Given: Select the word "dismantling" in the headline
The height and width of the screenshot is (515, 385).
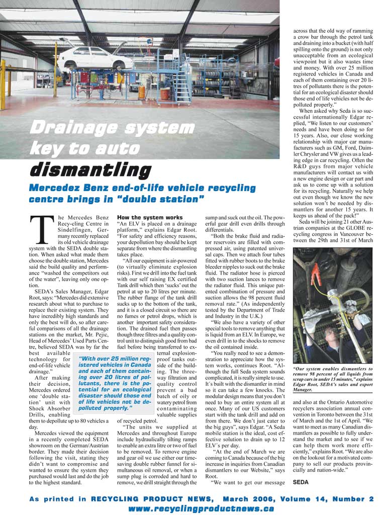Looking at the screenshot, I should pos(90,170).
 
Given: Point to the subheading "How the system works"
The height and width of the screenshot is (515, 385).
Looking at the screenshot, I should pos(143,217).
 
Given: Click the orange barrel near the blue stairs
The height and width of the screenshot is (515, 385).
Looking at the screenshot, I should pos(142,92).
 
